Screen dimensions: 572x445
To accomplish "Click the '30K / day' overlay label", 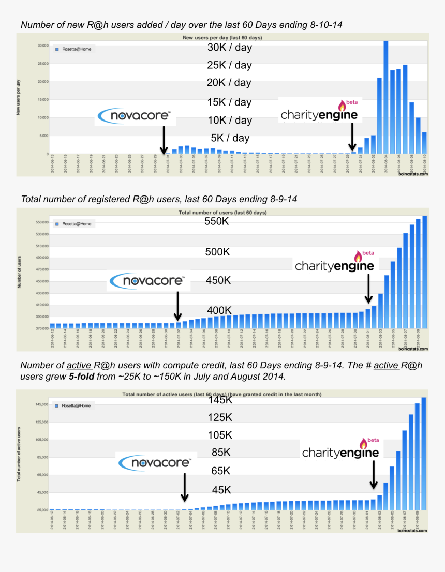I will click(x=229, y=48).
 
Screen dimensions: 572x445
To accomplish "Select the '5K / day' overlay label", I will click(x=230, y=138).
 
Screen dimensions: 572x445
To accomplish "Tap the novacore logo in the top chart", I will click(x=135, y=116).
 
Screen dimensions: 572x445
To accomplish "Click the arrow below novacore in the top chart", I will click(x=164, y=139).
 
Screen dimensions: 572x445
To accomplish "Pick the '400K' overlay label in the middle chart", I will click(x=219, y=310).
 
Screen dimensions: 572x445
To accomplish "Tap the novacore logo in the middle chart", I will click(x=148, y=281).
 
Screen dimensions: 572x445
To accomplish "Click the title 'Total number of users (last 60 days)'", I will click(x=222, y=213).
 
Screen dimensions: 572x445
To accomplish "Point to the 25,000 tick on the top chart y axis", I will click(x=41, y=64).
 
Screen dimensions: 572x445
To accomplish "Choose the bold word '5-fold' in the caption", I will click(x=81, y=377).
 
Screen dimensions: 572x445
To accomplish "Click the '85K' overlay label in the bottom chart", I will click(x=221, y=453).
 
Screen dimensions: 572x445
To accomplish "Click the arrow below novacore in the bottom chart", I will click(x=184, y=486).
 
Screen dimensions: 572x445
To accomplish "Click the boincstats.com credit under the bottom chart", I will click(x=413, y=530).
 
